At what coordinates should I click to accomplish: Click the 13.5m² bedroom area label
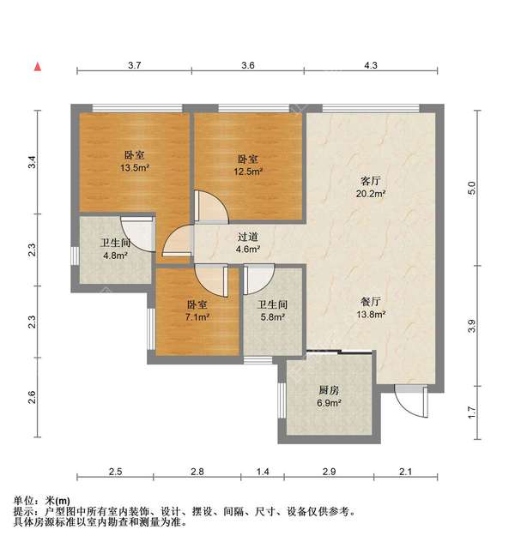pyautogui.click(x=133, y=162)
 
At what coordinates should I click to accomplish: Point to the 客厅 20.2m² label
pyautogui.click(x=370, y=187)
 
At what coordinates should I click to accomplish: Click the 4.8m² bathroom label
pyautogui.click(x=115, y=249)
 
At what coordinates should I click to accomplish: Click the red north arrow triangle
pyautogui.click(x=38, y=66)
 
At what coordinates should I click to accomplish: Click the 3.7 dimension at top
pyautogui.click(x=135, y=65)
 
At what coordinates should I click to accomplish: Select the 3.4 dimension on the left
pyautogui.click(x=32, y=161)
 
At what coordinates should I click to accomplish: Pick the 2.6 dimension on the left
pyautogui.click(x=32, y=397)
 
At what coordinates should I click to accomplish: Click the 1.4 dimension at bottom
pyautogui.click(x=264, y=473)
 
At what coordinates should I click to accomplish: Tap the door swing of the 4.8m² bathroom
pyautogui.click(x=136, y=230)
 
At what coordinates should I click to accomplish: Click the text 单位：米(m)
pyautogui.click(x=42, y=500)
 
